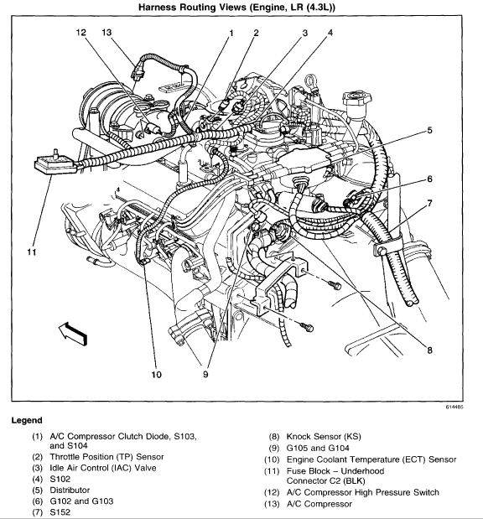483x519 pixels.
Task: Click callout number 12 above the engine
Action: [81, 33]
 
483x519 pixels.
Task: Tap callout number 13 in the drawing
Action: [106, 33]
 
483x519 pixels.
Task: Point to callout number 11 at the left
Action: [32, 252]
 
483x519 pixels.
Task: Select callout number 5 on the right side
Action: [429, 130]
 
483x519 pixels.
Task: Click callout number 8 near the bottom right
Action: [429, 350]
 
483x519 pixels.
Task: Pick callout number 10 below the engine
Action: [156, 374]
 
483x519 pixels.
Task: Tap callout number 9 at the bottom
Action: [205, 374]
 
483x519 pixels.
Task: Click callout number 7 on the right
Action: [429, 203]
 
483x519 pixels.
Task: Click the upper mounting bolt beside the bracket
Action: [334, 284]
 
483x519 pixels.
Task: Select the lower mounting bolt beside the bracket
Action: [307, 326]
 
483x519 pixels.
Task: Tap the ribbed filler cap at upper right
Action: [357, 98]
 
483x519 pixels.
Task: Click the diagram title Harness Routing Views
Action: [236, 7]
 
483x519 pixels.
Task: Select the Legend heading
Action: [27, 420]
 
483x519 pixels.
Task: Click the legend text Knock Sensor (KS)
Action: [324, 437]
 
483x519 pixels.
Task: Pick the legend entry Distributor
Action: [70, 490]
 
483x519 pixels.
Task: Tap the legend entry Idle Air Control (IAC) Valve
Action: [103, 468]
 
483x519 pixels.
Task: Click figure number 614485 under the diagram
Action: [454, 407]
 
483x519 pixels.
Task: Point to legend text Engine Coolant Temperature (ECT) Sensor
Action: [371, 459]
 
